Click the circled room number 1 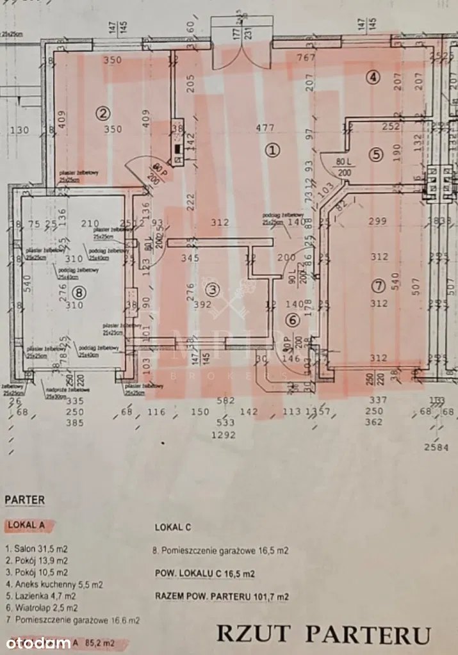tap(273, 150)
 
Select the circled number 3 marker tap(213, 290)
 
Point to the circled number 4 tap(373, 77)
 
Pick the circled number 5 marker tap(375, 154)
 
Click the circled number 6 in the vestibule tap(292, 320)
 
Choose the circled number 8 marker tap(79, 292)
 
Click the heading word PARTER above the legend tap(24, 499)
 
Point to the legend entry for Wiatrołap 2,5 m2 tap(41, 608)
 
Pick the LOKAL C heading tap(173, 528)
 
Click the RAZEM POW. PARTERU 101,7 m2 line tap(222, 596)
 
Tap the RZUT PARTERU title tap(323, 633)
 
